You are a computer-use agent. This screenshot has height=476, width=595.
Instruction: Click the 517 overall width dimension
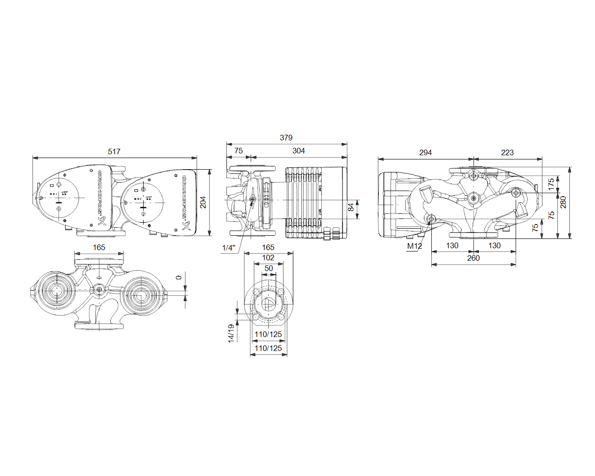[x=114, y=152]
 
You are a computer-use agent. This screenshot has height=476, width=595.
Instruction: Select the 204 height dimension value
[x=203, y=202]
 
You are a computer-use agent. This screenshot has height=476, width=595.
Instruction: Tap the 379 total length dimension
[x=286, y=138]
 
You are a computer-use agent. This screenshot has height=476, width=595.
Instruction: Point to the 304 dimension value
[x=299, y=151]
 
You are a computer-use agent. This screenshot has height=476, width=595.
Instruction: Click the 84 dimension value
[x=351, y=207]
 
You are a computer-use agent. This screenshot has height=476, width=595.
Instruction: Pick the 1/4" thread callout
[x=229, y=248]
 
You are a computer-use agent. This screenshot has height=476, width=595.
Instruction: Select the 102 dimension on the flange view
[x=268, y=258]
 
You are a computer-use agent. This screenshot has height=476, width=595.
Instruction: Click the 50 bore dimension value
[x=269, y=268]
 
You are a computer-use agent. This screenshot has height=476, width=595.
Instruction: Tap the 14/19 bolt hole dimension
[x=231, y=333]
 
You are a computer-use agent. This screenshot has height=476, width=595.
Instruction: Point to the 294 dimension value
[x=425, y=152]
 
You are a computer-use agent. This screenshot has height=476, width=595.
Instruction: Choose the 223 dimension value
[x=508, y=152]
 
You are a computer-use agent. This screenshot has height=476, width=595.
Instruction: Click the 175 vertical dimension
[x=551, y=184]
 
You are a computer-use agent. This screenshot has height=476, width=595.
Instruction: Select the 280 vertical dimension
[x=563, y=202]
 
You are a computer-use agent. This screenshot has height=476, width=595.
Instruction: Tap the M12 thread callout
[x=415, y=246]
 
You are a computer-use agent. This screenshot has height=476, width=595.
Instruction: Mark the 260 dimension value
[x=473, y=258]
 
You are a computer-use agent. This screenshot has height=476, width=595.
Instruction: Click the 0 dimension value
[x=179, y=278]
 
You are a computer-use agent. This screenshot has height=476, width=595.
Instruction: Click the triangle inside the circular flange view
[x=269, y=304]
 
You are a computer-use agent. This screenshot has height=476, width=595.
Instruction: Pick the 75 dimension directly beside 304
[x=238, y=151]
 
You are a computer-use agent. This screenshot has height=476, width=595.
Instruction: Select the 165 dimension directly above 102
[x=268, y=247]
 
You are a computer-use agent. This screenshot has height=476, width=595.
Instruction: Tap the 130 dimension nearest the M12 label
[x=452, y=245]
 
